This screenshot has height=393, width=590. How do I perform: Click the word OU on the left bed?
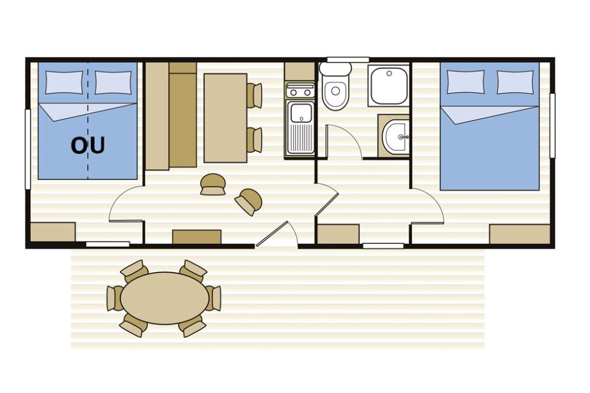(x=88, y=146)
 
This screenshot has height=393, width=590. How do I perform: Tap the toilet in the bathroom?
(x=335, y=87)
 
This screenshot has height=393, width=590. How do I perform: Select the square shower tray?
(x=389, y=85)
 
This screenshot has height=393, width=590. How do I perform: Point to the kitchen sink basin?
(x=301, y=113)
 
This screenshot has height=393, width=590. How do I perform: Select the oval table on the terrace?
(x=164, y=298)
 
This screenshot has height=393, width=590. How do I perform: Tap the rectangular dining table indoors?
(x=225, y=118)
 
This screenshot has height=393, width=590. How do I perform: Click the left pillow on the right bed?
(x=465, y=82)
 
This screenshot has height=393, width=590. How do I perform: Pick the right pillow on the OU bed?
(x=113, y=82)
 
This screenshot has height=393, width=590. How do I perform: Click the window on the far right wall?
(x=553, y=125)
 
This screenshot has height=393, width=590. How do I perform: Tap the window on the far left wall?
(x=28, y=149)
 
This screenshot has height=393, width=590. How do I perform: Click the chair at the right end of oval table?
(x=214, y=299)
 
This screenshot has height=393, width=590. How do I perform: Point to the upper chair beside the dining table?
(x=254, y=96)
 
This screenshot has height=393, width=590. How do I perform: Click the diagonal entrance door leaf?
(x=272, y=234)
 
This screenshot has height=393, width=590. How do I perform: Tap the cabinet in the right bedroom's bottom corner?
(x=520, y=234)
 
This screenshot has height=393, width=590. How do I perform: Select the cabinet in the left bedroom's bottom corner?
(x=53, y=232)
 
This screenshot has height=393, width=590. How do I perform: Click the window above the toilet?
(x=348, y=60)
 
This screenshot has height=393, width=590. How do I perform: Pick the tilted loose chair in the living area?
(x=248, y=201)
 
